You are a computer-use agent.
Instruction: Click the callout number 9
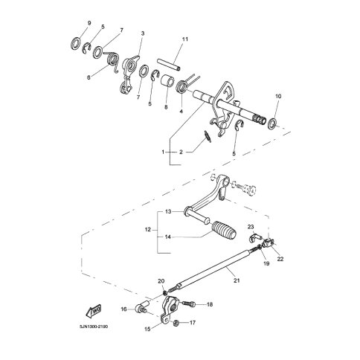click(x=89, y=23)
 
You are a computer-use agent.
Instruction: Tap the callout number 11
click(x=185, y=39)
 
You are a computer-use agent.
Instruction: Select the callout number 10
click(x=278, y=96)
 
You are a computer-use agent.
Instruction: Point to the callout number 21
click(x=237, y=280)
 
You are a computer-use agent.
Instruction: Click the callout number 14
click(x=168, y=237)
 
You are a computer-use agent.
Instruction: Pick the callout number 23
click(x=251, y=227)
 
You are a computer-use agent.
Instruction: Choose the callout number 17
click(x=193, y=323)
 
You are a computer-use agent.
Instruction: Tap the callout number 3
click(x=143, y=33)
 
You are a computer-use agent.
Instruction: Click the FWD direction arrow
click(x=94, y=310)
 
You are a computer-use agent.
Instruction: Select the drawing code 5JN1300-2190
click(x=94, y=327)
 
